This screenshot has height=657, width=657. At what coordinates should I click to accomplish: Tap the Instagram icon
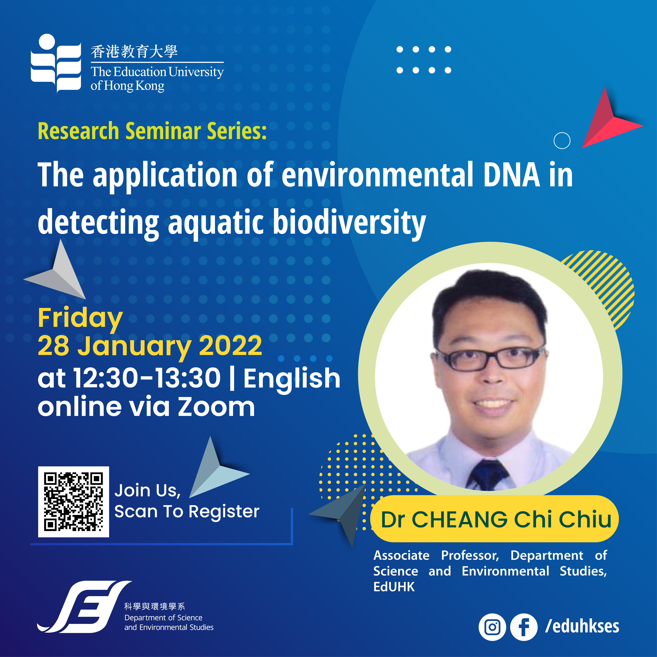coord(492,627)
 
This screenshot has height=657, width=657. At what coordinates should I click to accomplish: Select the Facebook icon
coord(524,627)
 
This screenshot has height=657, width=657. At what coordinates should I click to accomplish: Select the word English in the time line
coord(292,379)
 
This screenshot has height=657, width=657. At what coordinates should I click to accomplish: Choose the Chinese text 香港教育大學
coord(134,52)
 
